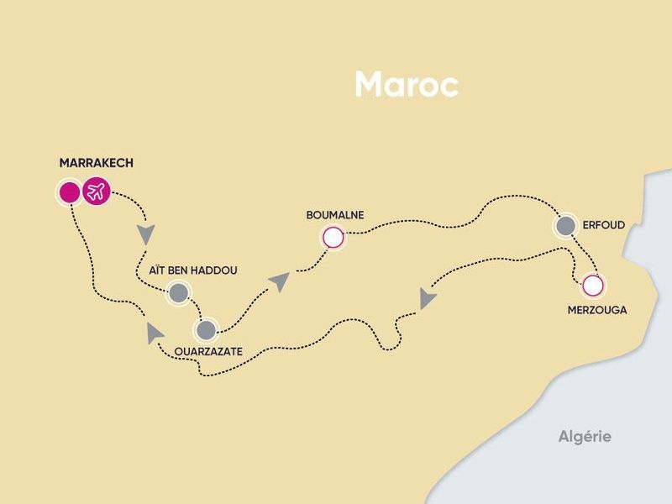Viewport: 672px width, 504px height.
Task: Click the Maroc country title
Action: pos(406,84)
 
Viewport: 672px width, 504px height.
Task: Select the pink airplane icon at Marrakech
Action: pos(97,192)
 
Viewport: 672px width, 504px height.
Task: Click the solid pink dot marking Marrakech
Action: pos(69,192)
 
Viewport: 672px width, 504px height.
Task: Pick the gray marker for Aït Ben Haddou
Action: pos(178,292)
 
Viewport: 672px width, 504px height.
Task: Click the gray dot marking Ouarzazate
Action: pos(206,328)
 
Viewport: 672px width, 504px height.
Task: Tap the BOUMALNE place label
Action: pos(335,215)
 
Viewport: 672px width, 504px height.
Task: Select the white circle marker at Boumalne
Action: pos(333,239)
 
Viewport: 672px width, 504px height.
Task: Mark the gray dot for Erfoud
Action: pos(565,225)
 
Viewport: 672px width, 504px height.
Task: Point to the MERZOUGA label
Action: pos(596,310)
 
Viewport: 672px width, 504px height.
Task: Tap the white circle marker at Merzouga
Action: pos(593,286)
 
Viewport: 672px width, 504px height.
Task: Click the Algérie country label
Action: pos(585,436)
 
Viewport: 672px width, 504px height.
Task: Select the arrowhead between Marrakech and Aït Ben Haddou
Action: pos(148,231)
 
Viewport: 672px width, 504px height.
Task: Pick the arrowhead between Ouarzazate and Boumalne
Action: pos(279,281)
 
